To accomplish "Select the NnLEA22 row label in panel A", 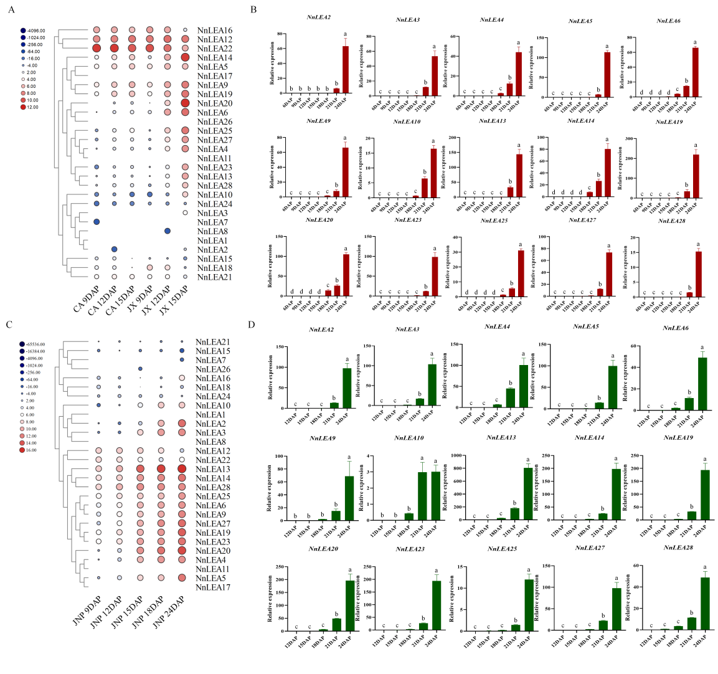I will click(214, 49).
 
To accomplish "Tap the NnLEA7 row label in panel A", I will click(212, 222).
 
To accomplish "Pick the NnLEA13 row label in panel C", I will click(212, 469).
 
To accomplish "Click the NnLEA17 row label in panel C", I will click(212, 587).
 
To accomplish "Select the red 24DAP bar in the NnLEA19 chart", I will click(696, 176).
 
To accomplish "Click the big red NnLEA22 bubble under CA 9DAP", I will click(97, 49).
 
